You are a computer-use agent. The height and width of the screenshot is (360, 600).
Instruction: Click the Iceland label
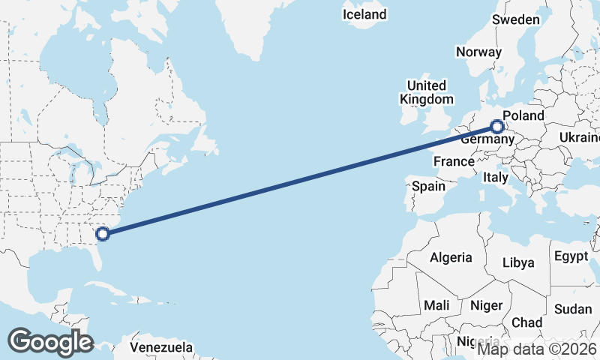click(x=364, y=14)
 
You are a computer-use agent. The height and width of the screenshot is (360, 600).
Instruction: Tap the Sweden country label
click(x=516, y=19)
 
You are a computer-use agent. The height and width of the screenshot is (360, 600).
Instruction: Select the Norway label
click(x=478, y=52)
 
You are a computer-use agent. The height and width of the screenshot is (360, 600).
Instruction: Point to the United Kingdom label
click(x=426, y=92)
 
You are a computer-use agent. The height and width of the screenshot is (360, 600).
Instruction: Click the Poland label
click(x=523, y=115)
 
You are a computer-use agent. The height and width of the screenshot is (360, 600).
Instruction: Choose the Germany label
click(x=485, y=139)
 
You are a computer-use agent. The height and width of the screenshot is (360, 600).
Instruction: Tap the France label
click(x=454, y=161)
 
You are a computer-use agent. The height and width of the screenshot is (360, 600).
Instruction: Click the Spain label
click(x=428, y=186)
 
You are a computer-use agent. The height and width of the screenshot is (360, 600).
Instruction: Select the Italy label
click(x=495, y=178)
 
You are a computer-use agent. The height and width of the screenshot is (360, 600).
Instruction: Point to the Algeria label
click(x=451, y=257)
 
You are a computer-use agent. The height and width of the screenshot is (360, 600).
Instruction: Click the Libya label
click(x=518, y=262)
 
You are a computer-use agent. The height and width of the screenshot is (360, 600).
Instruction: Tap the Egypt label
click(x=571, y=256)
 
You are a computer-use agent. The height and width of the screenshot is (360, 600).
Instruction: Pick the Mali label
click(x=436, y=305)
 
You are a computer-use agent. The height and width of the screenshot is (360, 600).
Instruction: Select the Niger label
click(x=485, y=305)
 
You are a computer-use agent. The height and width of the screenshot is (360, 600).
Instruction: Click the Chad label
click(x=526, y=322)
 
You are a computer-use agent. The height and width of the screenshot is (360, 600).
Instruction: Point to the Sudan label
click(x=573, y=309)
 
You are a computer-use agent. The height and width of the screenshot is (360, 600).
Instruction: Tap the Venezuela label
click(x=161, y=348)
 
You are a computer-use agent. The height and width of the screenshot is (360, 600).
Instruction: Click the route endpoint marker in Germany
click(x=496, y=127)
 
